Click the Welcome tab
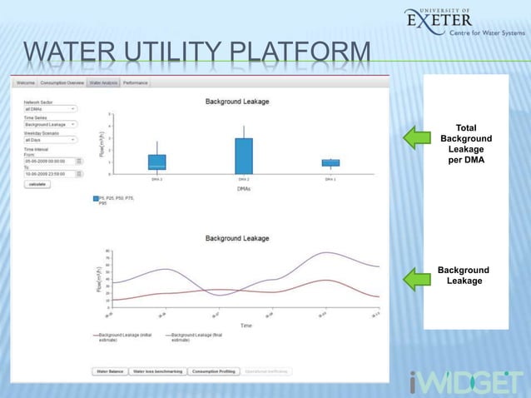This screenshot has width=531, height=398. pos(25,83)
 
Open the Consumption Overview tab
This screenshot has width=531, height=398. pos(62,83)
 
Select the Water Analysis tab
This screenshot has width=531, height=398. pos(104,83)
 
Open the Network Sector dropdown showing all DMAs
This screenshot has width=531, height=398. pos(50,108)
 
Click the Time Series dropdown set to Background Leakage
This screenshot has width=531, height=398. pos(50,124)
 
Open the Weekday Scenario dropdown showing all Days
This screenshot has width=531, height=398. pos(50,140)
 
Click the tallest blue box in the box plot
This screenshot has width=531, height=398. pos(243,156)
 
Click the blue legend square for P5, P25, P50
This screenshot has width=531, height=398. pos(97,199)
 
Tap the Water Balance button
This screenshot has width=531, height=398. pos(109,371)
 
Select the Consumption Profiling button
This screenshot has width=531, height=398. pos(213,371)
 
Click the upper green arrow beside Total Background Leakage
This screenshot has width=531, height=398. pos(418,138)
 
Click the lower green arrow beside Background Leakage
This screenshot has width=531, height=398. pos(418,278)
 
